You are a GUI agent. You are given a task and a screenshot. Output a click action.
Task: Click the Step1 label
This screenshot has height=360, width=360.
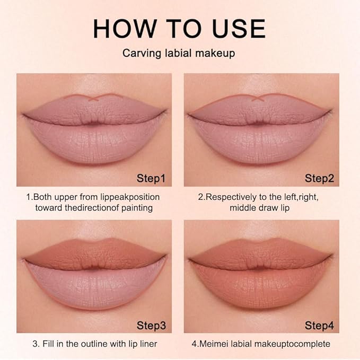pos(151,178)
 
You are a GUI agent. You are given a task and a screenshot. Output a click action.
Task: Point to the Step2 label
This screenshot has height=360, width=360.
pos(319,178)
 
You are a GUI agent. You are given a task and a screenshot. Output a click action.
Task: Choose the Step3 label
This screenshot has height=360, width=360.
pos(151,324)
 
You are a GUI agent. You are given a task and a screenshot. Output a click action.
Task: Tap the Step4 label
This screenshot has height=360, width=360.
pos(319,324)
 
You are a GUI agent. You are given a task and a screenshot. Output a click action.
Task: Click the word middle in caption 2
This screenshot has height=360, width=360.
pos(243,207)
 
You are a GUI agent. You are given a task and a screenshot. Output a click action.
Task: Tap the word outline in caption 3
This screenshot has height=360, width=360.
pos(95,344)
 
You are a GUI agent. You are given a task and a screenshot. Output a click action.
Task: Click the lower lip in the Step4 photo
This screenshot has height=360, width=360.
pos(260,284)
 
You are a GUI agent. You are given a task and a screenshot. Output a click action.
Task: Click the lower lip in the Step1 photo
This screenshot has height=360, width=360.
pos(94,139)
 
